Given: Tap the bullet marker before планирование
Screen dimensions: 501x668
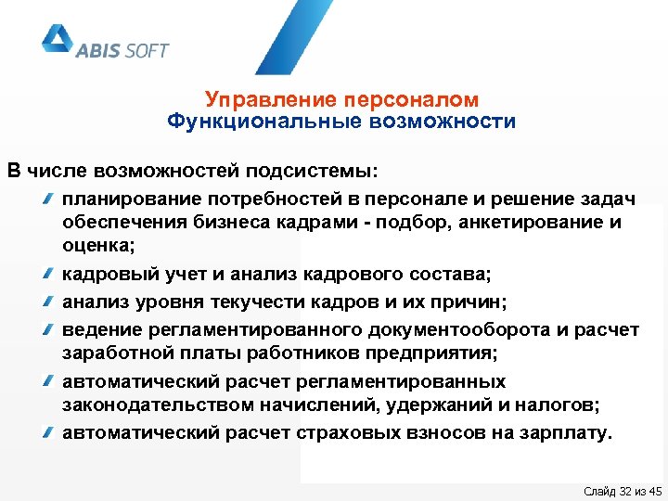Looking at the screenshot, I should (x=47, y=199).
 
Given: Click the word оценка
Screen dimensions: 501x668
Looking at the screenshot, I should (x=96, y=247).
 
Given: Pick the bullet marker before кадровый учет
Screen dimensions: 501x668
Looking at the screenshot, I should (x=47, y=276).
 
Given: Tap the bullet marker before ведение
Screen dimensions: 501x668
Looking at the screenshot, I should (x=47, y=328).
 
